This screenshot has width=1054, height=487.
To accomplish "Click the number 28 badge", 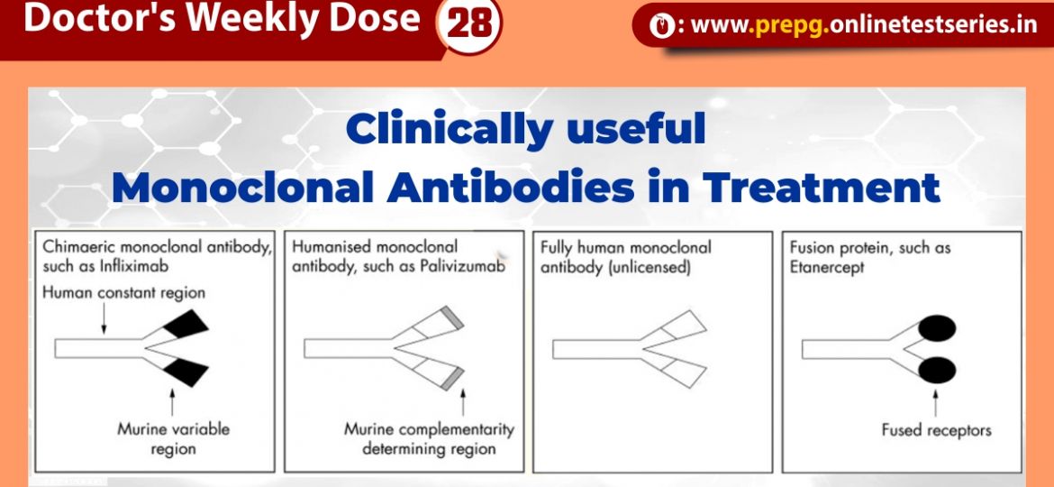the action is point(468,25).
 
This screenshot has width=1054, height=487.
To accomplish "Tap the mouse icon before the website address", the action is point(661,26).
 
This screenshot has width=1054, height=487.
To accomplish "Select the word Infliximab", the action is point(134,266).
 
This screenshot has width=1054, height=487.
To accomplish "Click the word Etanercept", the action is point(827,267).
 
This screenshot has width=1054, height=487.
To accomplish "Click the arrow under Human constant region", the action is point(104,317).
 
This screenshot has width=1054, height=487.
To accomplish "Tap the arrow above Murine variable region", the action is point(172,402).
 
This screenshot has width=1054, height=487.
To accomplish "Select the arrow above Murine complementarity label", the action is point(462,401).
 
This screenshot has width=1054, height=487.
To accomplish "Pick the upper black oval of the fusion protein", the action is point(937,327).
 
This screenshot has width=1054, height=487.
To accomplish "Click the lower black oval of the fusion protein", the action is point(937,371).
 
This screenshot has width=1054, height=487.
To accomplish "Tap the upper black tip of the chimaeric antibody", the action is point(186,324).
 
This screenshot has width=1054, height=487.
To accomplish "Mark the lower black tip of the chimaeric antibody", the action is point(186,372).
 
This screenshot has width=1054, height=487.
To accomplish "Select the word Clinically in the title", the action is point(450,130).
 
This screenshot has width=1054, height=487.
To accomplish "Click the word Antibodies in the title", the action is point(510,187).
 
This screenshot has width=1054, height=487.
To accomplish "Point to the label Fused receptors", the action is point(936,430).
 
